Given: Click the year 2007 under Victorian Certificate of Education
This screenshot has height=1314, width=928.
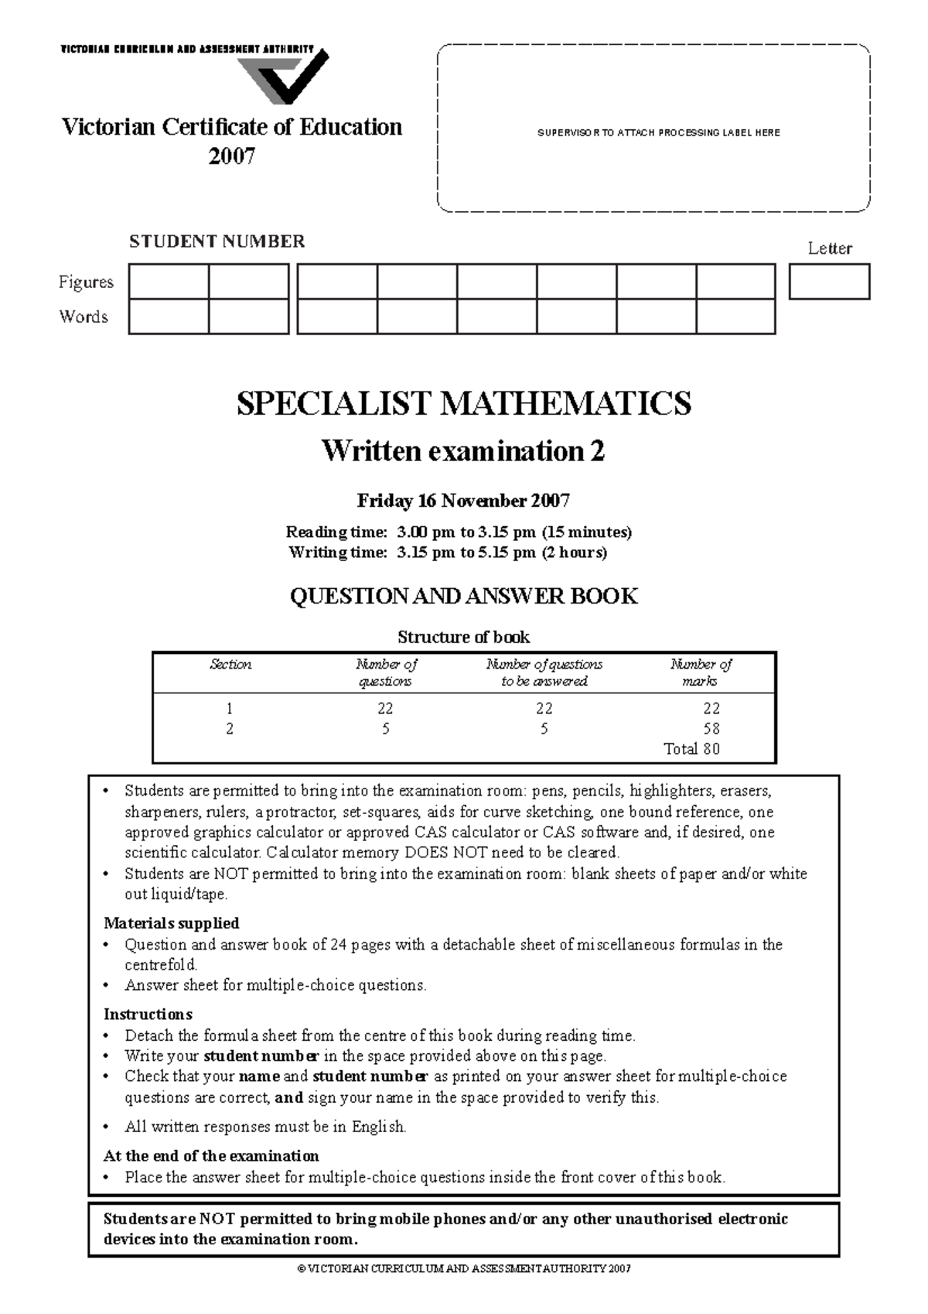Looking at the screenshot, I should point(231,157).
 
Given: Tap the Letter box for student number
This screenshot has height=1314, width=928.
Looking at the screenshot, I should point(829,282).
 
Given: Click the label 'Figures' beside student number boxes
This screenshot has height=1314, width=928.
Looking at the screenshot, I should point(86,282).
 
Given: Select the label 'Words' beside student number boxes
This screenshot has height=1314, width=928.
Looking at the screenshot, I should point(84,317).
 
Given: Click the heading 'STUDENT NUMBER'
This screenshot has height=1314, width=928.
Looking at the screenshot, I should point(217,241).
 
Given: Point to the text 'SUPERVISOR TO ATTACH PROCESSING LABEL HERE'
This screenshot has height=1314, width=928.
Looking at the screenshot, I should point(658,133).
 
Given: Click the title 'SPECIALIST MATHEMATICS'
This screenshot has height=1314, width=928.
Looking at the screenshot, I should point(463,404).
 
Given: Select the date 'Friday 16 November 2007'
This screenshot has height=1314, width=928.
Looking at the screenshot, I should point(463,501).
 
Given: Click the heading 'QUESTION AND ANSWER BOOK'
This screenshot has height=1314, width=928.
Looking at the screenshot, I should point(463,596).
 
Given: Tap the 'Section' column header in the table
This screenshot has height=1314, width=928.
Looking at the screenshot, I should point(230,664).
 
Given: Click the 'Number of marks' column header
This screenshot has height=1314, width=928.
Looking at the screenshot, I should point(700,672).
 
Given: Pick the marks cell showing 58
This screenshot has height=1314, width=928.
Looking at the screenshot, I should point(711,728).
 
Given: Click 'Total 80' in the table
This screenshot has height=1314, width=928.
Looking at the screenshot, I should point(691,748).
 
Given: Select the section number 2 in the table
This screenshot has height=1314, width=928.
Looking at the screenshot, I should point(230,728).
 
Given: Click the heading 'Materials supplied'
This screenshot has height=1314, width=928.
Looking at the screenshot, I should point(171,923).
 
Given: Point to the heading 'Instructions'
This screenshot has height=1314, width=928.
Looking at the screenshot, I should point(148,1015).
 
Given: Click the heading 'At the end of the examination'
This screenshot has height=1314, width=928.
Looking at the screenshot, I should point(211,1156).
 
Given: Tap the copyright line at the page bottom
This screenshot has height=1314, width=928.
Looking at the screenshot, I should point(463,1269).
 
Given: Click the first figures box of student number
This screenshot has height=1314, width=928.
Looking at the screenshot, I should point(169,282).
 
